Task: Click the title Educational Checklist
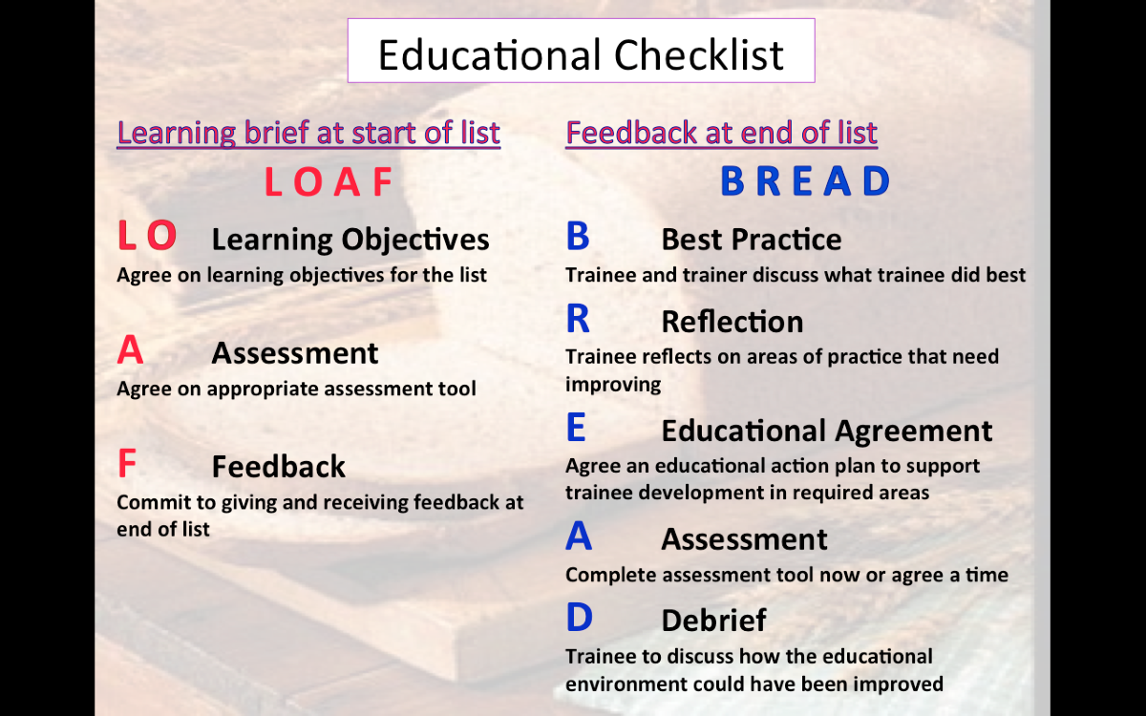(x=581, y=54)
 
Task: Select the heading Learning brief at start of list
(x=308, y=133)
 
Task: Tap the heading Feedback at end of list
(x=721, y=133)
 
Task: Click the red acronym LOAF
(x=329, y=181)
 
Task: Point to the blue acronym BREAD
(x=805, y=181)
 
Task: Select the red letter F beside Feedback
(x=127, y=463)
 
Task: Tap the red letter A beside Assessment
(x=130, y=349)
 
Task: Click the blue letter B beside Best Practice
(x=578, y=236)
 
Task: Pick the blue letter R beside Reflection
(x=578, y=318)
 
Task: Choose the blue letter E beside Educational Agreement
(x=576, y=427)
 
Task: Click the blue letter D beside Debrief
(x=579, y=617)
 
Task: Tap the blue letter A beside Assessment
(x=579, y=536)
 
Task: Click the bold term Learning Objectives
(x=350, y=240)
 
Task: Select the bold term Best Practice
(x=751, y=239)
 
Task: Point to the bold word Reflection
(x=732, y=322)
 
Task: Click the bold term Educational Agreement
(x=827, y=432)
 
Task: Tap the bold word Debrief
(x=713, y=621)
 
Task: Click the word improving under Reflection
(x=613, y=385)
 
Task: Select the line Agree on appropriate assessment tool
(x=296, y=390)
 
